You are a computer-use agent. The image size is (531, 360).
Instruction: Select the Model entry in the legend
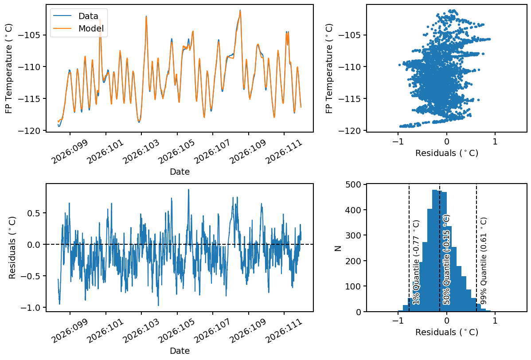tap(90, 28)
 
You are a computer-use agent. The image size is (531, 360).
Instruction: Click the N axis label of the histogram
tap(338, 248)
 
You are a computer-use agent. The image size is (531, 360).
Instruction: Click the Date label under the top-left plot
tap(180, 172)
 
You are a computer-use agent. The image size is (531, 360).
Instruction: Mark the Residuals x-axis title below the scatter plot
tap(446, 153)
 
